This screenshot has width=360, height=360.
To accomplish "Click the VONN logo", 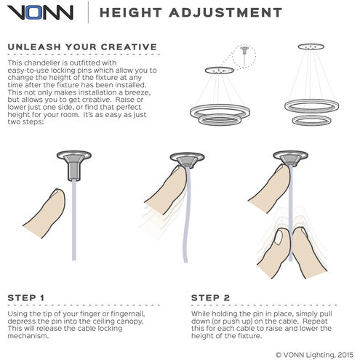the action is (40, 12).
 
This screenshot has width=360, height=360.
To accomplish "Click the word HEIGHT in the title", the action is (131, 12).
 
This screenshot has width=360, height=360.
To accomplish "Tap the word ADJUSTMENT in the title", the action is (225, 12).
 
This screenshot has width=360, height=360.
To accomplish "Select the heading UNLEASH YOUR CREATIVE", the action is (82, 47).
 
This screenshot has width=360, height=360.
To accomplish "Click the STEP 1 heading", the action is (26, 297).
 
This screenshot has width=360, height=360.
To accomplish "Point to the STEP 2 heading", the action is (210, 297).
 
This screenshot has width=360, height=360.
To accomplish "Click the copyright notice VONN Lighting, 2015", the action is (314, 355).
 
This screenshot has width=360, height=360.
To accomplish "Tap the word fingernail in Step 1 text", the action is (128, 314).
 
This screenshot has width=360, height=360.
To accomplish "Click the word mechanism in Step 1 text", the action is (28, 336).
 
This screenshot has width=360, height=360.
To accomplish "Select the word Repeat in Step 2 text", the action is (315, 321).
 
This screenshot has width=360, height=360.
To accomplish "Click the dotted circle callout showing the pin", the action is (244, 57).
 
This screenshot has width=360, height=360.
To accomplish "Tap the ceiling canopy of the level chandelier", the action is (311, 47).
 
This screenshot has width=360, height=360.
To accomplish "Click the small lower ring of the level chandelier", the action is (312, 121).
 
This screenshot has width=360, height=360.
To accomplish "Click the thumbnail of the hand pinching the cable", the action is (279, 237).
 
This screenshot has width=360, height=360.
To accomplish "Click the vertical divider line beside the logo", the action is (88, 12).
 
